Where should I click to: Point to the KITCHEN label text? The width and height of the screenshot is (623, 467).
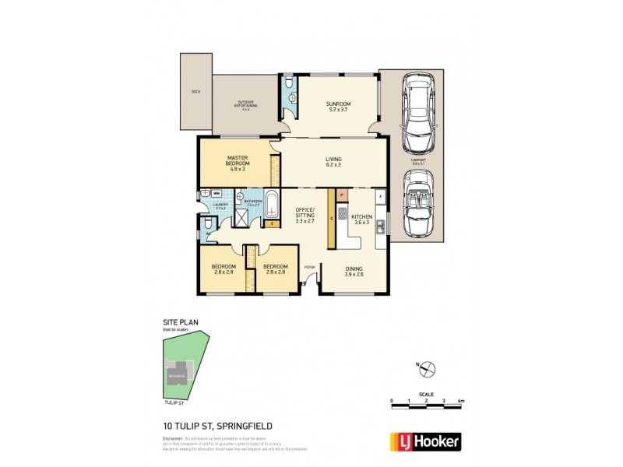[361, 216]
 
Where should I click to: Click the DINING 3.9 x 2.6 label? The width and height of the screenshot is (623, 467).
[354, 270]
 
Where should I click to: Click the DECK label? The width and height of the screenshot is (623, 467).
[195, 92]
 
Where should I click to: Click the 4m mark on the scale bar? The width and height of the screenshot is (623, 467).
[461, 401]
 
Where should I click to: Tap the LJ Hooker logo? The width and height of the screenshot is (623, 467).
[429, 441]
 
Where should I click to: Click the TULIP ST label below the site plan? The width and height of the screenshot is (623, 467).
[174, 403]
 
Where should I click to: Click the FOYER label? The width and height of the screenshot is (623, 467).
[308, 265]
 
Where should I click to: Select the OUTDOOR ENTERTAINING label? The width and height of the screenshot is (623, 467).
[246, 105]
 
